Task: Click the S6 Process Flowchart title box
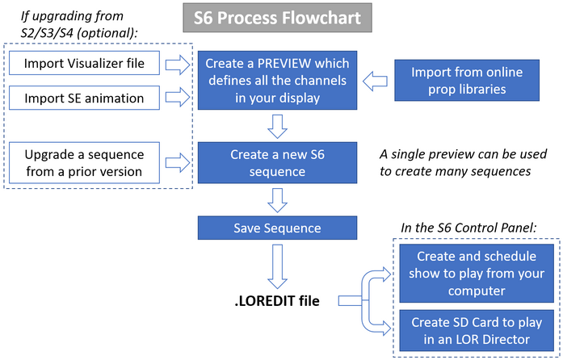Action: (x=277, y=18)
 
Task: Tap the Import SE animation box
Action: (x=85, y=98)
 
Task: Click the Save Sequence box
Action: (x=277, y=228)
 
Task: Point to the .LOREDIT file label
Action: (x=277, y=302)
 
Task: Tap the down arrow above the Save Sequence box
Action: (x=277, y=197)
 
